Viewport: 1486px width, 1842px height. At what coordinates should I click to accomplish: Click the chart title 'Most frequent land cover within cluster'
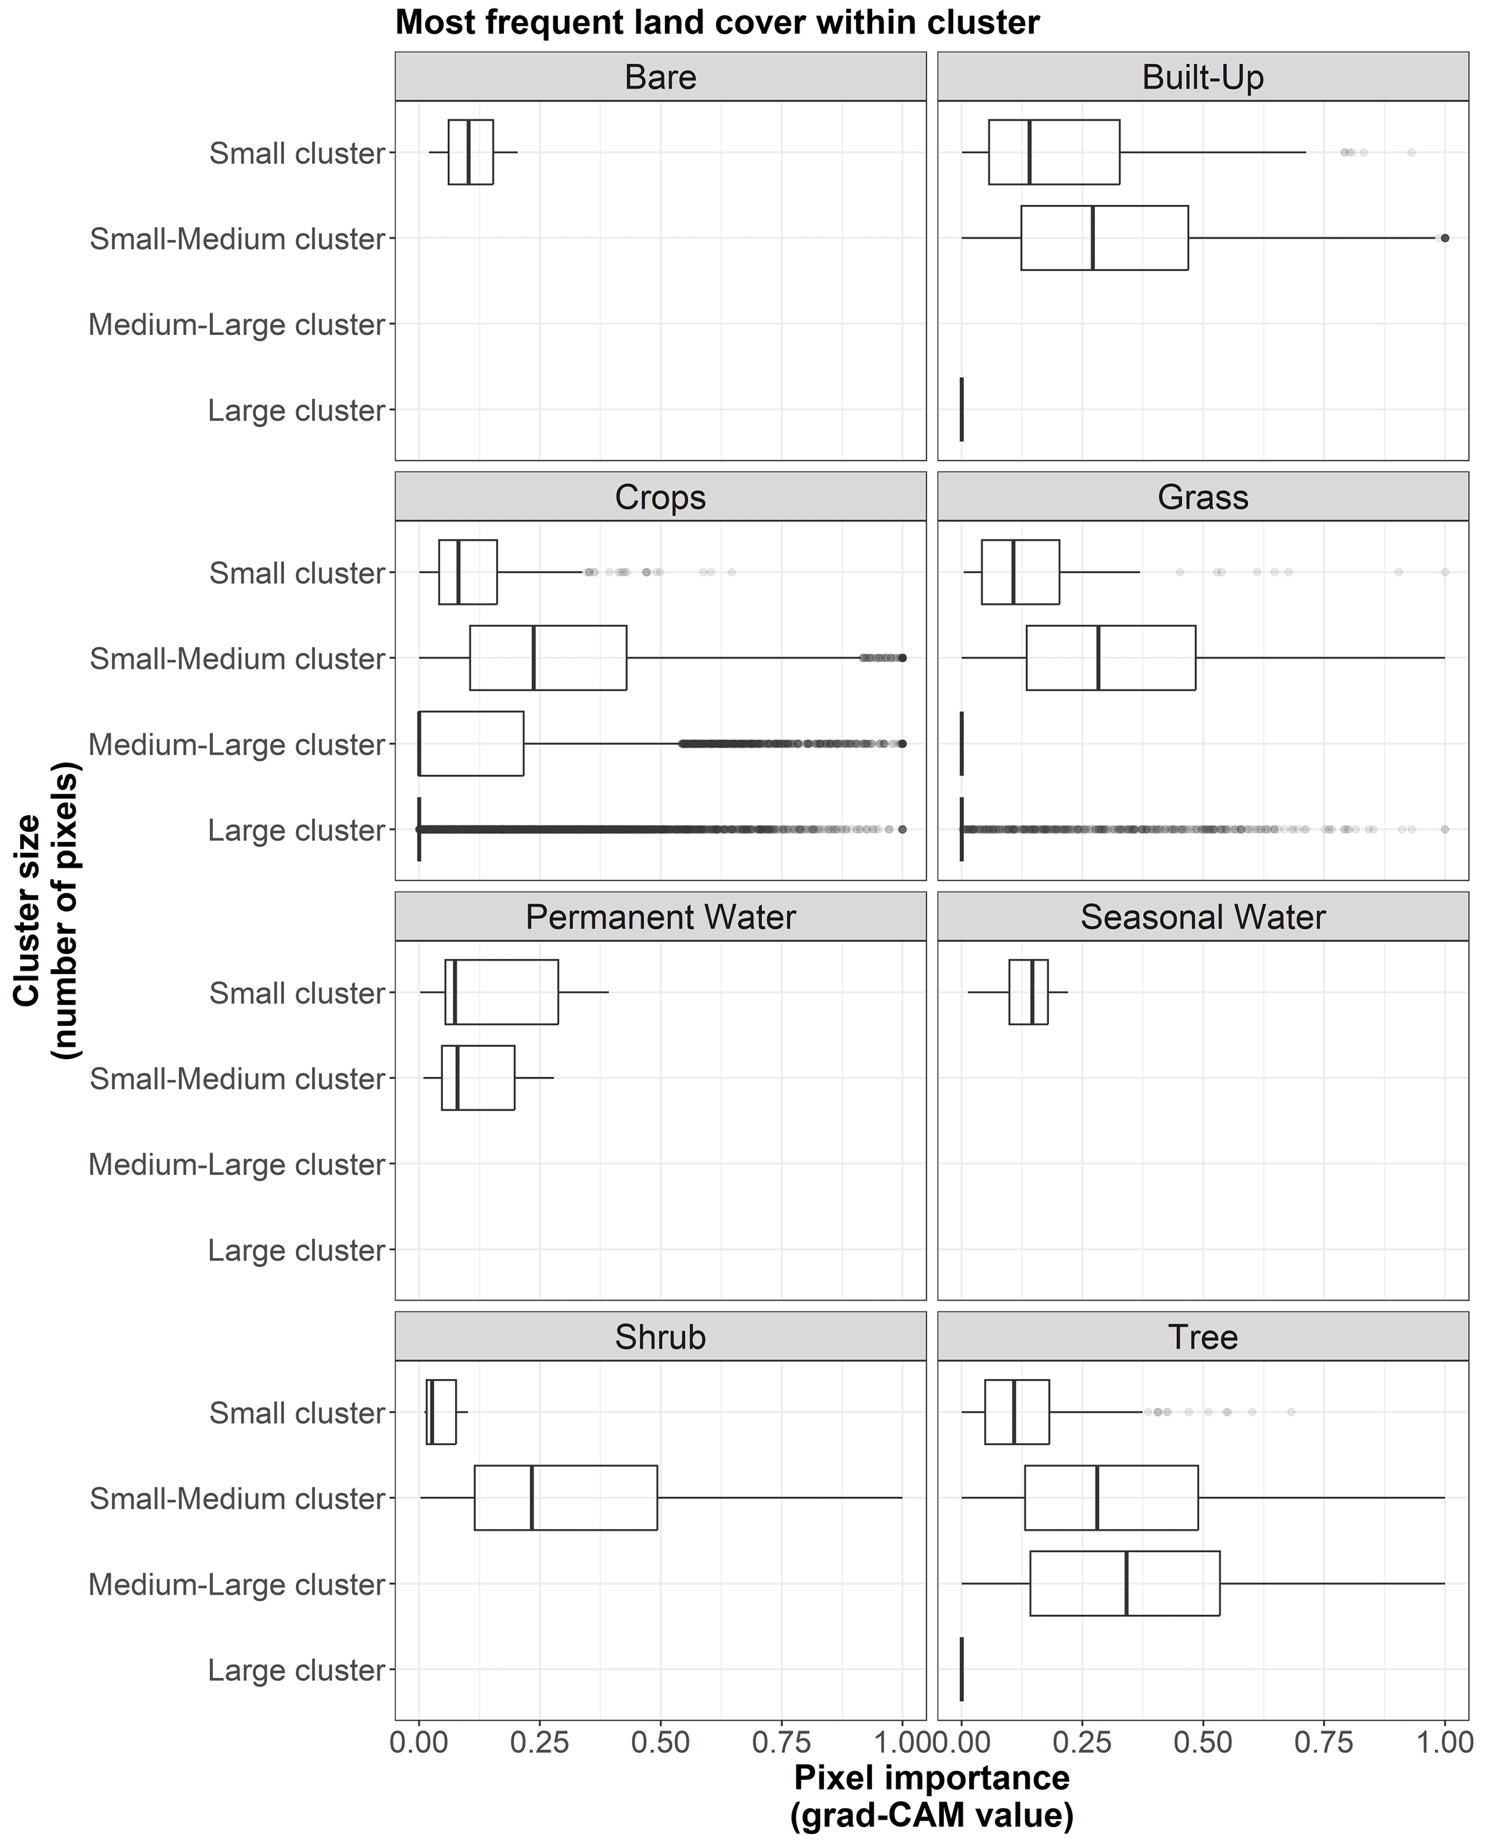pos(717,22)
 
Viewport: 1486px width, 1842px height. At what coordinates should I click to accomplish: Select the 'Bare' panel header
pos(660,77)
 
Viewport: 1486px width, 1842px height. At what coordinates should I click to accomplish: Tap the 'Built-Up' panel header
pos(1203,77)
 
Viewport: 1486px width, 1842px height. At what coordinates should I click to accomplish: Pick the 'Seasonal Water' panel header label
pos(1203,917)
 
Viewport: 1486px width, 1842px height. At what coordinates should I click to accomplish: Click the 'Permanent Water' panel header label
pos(660,917)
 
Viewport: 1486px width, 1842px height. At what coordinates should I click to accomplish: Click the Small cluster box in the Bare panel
pos(470,152)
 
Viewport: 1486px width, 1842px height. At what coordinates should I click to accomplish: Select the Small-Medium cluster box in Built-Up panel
pos(1104,238)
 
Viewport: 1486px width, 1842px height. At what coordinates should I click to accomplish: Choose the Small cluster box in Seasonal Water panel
pos(1028,992)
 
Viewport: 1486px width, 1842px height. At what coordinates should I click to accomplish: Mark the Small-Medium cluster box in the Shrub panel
pos(566,1498)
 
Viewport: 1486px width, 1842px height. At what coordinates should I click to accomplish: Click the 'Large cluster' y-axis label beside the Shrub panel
pos(296,1670)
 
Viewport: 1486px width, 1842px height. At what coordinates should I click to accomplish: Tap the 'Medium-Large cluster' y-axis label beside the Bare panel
pos(237,325)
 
